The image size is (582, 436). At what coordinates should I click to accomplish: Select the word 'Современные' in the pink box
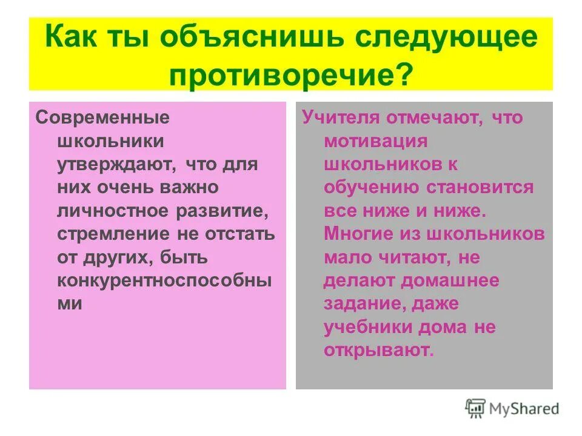102,117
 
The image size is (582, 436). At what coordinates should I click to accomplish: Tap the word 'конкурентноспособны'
164,280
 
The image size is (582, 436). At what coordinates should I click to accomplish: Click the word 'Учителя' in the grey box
339,117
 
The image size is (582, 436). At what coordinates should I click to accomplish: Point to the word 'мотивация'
376,140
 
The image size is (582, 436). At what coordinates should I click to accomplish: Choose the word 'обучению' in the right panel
370,187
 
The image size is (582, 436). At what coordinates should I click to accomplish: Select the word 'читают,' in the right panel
410,257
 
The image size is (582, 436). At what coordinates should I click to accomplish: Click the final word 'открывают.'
379,350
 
